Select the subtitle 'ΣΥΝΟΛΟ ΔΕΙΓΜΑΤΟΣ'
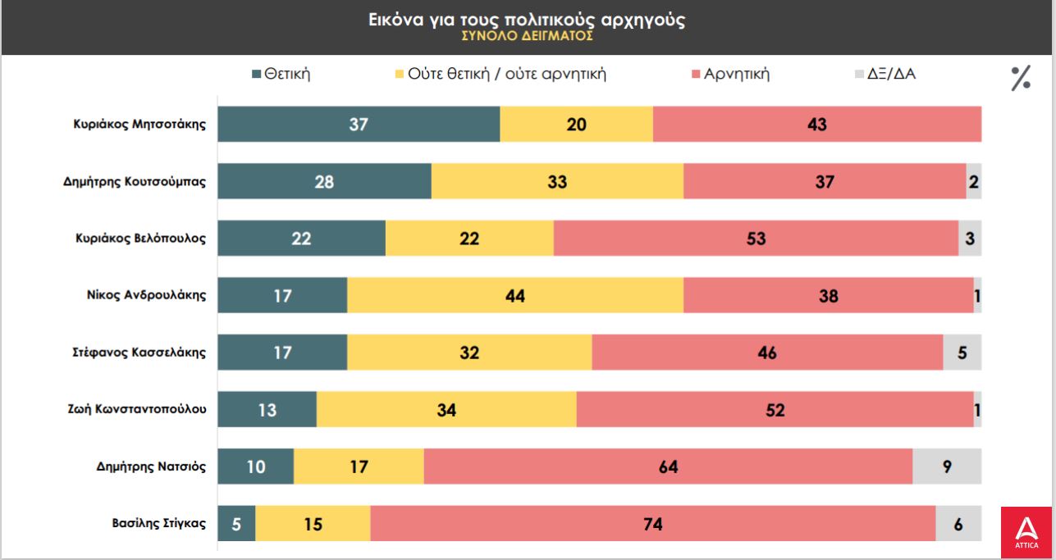click(527, 36)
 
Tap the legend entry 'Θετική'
click(281, 75)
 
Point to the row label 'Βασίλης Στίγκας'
click(158, 522)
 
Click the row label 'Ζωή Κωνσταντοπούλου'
click(136, 409)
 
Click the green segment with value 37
click(359, 125)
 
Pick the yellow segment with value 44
click(515, 295)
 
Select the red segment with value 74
click(652, 523)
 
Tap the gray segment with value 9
click(947, 467)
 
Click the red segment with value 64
click(668, 467)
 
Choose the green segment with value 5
click(236, 523)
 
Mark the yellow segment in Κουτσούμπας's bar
click(557, 181)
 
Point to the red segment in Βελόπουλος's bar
click(756, 239)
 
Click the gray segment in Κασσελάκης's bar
click(962, 353)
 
